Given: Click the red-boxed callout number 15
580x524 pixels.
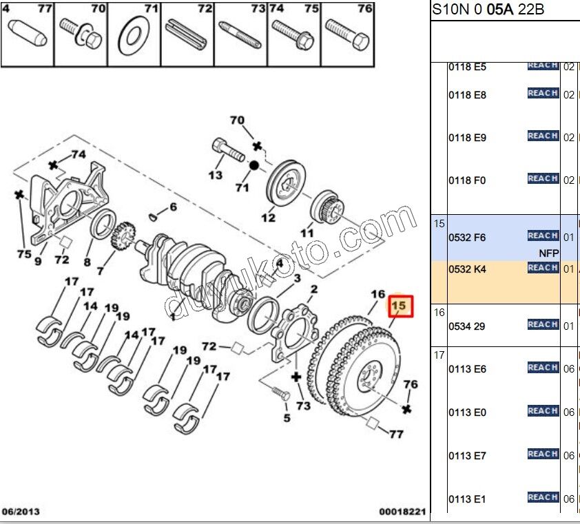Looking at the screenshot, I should coord(400,304).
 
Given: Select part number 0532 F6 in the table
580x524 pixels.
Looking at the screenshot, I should coord(467,238).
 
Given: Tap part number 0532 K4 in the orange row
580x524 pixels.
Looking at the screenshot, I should coord(467,269).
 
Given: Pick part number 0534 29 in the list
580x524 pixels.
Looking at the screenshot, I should coord(467,326).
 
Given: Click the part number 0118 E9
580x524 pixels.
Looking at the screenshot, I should coord(467,138).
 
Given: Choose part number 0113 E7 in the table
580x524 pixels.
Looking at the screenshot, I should coord(467,456).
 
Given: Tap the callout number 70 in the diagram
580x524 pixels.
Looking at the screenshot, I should coord(237,120).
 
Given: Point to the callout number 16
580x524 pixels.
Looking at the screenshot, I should coord(377,294).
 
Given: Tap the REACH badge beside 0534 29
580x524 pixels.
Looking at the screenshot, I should coord(543,324).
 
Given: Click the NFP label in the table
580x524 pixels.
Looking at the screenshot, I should coord(548,253).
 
